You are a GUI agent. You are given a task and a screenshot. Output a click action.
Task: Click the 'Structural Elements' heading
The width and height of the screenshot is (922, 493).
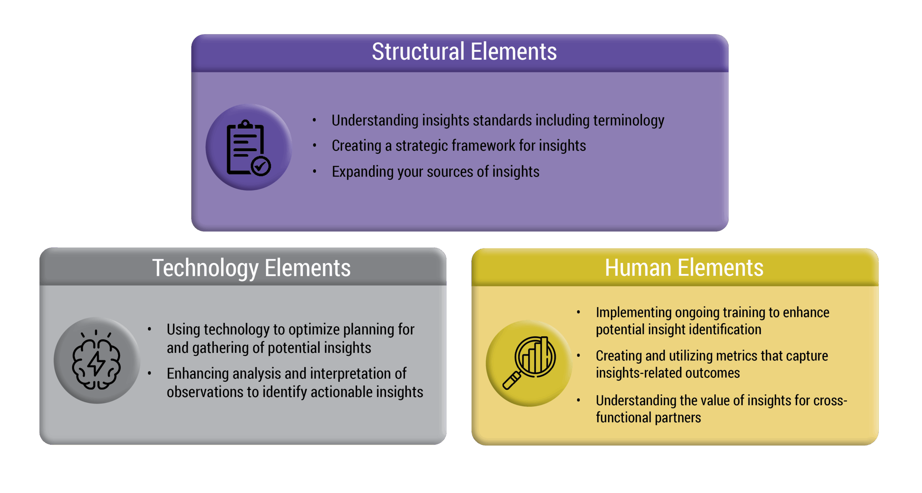[x=464, y=51]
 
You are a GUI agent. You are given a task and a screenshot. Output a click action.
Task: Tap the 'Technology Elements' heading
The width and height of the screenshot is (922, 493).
[x=251, y=268]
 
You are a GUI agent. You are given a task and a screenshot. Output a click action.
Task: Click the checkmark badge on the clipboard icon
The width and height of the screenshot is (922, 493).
[x=261, y=166]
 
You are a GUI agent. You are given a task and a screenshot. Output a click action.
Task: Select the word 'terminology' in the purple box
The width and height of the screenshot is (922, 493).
[x=628, y=121]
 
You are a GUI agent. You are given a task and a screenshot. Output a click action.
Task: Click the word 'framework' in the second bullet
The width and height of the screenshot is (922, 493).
[x=455, y=145]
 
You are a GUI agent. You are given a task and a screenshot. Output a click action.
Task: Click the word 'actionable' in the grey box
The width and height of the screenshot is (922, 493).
[x=343, y=392]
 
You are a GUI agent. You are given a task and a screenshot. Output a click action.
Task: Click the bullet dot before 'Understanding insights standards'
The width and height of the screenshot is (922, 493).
[x=314, y=120]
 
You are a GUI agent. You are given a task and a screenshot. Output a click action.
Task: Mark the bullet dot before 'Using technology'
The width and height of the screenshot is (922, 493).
[x=149, y=329]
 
